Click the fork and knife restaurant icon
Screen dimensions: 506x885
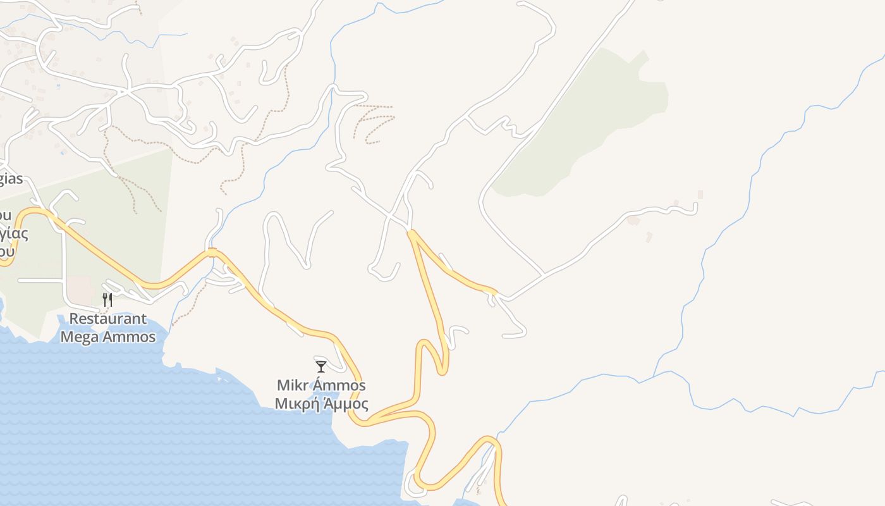coord(107,299)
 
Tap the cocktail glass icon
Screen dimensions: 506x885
coord(321,366)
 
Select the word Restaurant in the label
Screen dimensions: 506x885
coord(108,319)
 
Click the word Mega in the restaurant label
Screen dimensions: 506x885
coord(80,337)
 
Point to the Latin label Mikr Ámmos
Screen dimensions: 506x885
coord(321,385)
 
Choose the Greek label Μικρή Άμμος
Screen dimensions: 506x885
coord(321,404)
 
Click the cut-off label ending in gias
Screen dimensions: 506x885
coord(11,179)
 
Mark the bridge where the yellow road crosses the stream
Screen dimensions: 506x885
coord(212,253)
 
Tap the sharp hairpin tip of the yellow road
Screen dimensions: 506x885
coord(442,372)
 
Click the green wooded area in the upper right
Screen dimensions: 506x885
coord(588,126)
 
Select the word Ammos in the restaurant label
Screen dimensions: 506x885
coord(126,337)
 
